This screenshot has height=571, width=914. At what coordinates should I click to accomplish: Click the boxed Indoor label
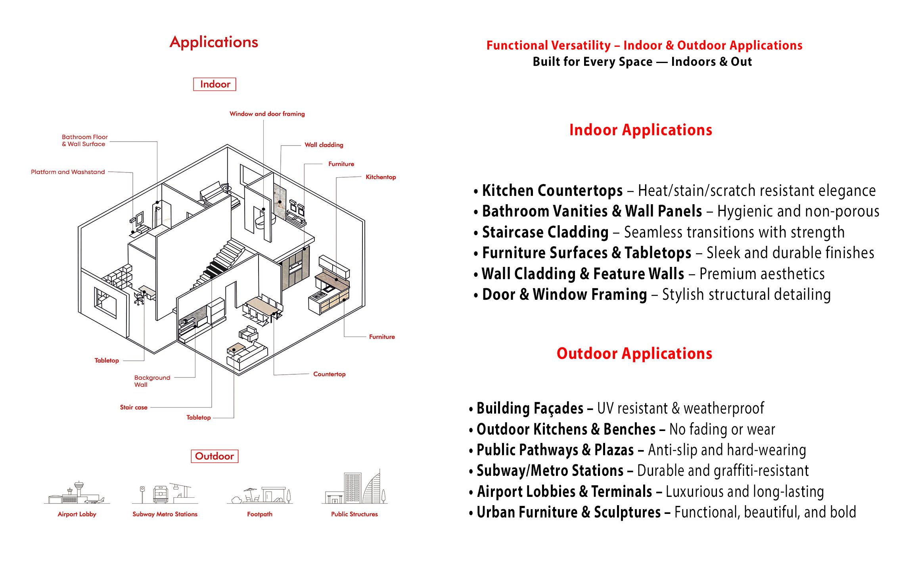coord(215,84)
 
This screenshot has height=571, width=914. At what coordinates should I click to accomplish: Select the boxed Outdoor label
coord(215,456)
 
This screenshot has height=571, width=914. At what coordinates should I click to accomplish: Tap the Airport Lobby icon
coord(77,493)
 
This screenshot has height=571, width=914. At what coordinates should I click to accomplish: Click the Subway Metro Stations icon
coord(165,493)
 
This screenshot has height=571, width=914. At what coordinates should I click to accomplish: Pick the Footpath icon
coord(260,495)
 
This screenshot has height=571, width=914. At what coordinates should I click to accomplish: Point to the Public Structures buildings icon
coord(355,487)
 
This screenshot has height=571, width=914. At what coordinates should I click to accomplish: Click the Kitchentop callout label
coord(381,177)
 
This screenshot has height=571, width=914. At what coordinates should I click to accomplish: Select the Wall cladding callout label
coord(324,145)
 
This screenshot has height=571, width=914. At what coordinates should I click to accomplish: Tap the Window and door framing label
coord(267,114)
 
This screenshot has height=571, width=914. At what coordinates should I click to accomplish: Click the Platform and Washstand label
coord(68,172)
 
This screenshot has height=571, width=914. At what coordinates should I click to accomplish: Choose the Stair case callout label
coord(134,407)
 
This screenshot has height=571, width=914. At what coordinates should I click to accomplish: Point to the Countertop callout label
coord(329,374)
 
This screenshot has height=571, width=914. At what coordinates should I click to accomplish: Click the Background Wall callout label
coord(152,381)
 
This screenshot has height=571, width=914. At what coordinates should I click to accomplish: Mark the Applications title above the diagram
coord(214,42)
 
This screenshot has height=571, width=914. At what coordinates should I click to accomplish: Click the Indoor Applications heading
coord(641,130)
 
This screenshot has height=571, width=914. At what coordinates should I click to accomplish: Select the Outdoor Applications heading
coord(634,353)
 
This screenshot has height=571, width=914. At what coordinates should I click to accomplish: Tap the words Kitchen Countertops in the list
coord(552,191)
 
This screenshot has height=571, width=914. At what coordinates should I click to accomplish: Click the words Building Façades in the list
coord(530,408)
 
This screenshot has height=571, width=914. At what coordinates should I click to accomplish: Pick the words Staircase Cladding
coord(545,232)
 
